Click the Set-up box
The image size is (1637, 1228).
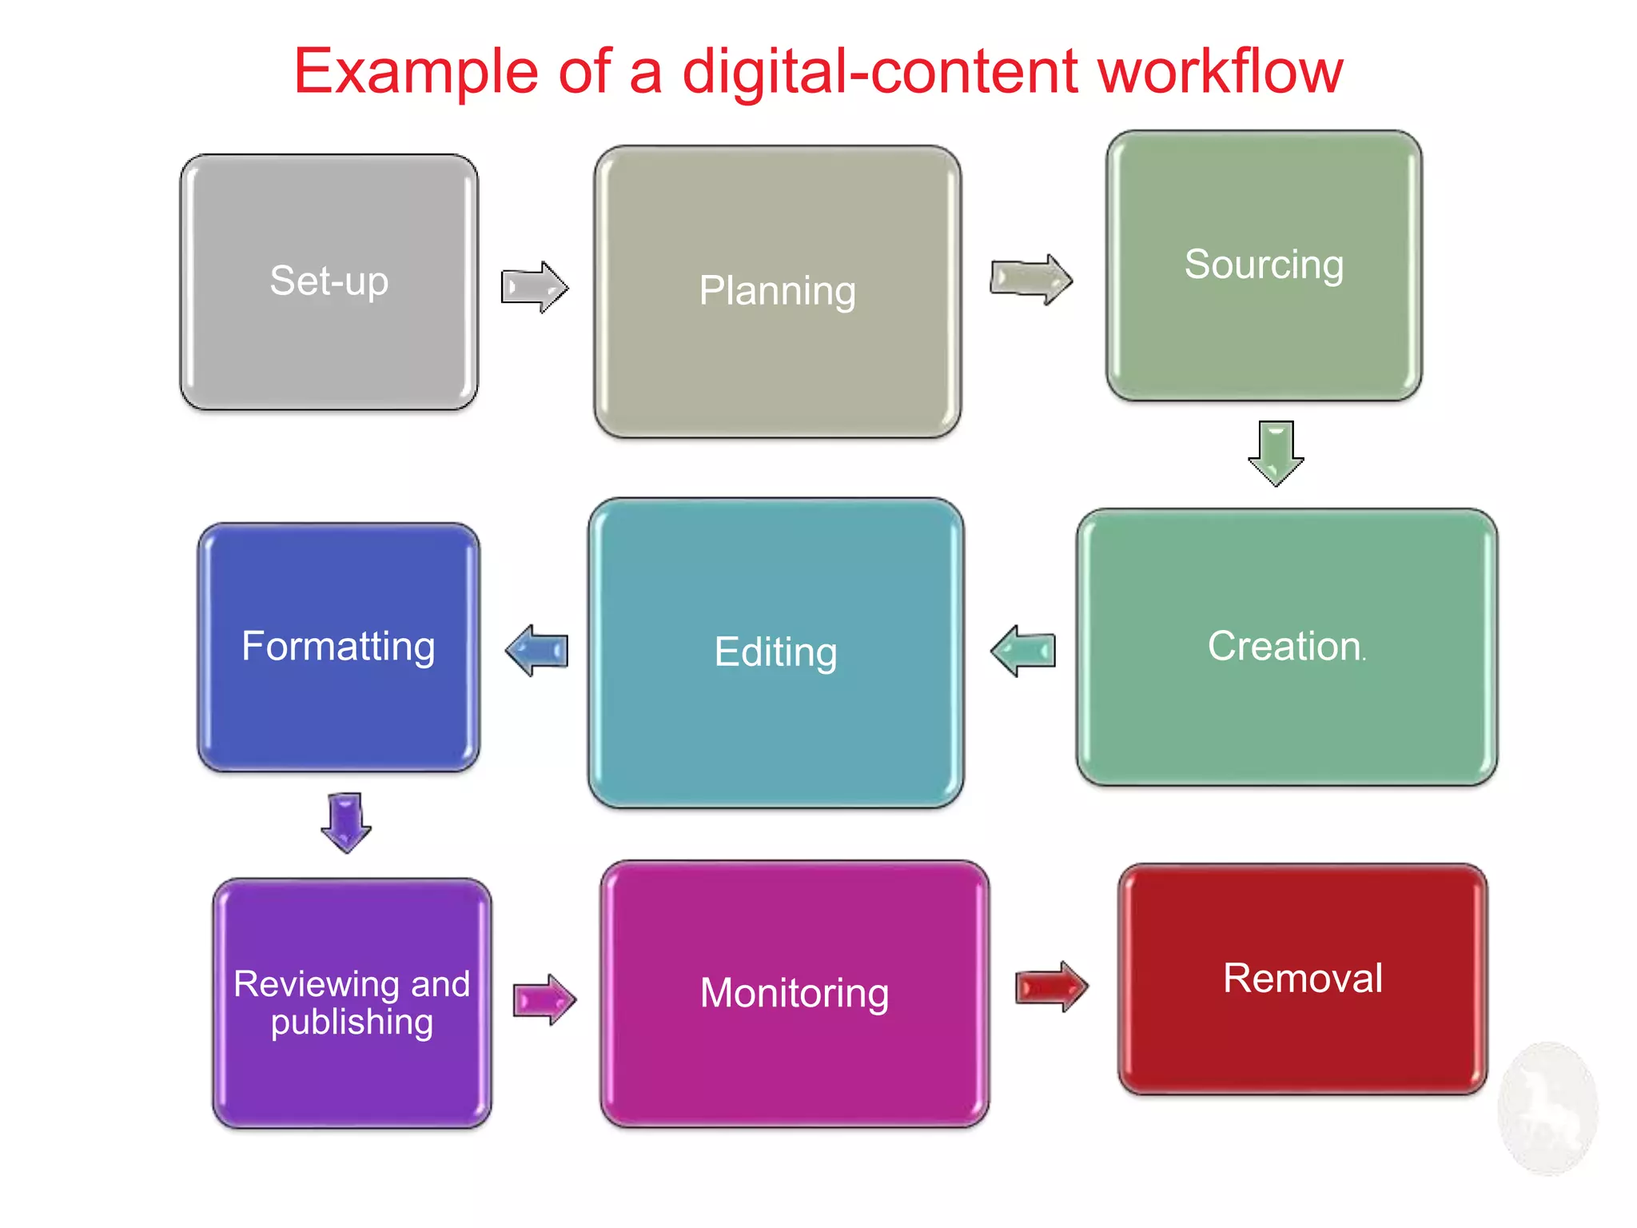(x=329, y=281)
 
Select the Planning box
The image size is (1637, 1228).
(x=777, y=291)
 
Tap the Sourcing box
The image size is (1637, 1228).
(x=1264, y=265)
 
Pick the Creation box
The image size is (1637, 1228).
(x=1286, y=647)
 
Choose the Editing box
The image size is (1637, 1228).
(x=775, y=652)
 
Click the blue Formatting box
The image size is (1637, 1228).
(x=338, y=647)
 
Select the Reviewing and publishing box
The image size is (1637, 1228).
(x=352, y=1003)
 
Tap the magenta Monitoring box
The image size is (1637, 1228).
(x=795, y=994)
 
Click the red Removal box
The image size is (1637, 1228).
(x=1302, y=979)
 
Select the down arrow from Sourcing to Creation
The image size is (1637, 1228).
(x=1276, y=453)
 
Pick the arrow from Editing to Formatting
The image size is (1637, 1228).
(x=537, y=651)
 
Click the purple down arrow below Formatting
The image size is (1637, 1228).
(x=345, y=822)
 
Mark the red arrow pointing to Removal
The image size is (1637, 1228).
(x=1050, y=987)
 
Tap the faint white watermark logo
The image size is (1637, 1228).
(x=1547, y=1108)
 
